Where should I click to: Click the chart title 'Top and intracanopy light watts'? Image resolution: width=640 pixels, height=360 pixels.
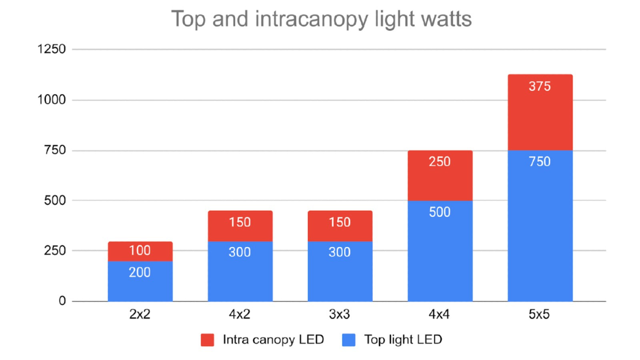coord(321,19)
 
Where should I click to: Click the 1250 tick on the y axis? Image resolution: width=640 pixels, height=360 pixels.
coord(51,49)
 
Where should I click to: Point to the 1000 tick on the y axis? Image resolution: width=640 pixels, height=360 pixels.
coord(51,100)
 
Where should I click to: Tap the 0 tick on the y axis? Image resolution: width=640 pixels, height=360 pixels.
coord(62,301)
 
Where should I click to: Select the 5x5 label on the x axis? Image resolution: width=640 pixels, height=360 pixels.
coord(539,314)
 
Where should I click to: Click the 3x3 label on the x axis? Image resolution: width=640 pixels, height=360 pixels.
coord(339,314)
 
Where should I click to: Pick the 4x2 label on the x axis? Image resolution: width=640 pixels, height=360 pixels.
coord(239,314)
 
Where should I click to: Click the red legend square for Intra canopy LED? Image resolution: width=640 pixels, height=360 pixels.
coord(207,340)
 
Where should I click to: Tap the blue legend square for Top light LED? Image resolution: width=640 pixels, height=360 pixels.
coord(349,340)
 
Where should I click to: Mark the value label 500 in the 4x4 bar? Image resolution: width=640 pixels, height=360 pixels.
coord(440,212)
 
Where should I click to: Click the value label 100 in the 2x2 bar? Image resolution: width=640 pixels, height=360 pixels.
coord(140,251)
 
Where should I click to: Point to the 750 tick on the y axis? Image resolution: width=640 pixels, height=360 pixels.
coord(55,150)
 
